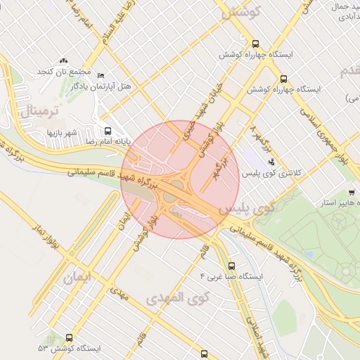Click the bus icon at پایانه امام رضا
click(108, 131)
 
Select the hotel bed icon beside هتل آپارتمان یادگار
click(101, 76)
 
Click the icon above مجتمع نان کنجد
click(64, 61)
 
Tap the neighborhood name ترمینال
click(40, 108)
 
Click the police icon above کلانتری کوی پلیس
click(271, 162)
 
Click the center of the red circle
click(181, 180)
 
